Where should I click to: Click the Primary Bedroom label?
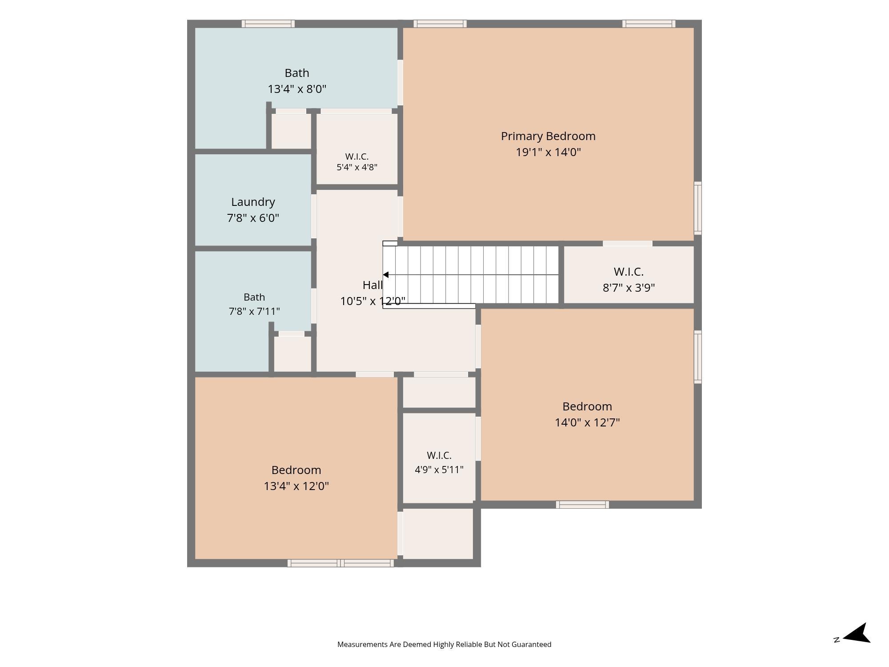548,136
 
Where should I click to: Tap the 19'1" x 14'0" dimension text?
548,152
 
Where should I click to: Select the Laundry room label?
253,202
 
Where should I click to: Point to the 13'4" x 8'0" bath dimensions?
297,89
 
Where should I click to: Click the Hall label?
372,285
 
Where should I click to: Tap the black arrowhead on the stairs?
386,275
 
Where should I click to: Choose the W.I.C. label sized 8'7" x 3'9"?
629,271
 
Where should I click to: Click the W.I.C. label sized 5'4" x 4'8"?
357,157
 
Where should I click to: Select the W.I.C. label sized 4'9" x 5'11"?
439,455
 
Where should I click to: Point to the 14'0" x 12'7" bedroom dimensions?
587,422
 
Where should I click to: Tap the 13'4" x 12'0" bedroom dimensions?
296,486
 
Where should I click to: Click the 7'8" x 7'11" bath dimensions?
254,311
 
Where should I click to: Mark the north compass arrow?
857,634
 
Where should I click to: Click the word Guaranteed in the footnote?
531,644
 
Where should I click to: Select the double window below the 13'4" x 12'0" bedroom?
340,563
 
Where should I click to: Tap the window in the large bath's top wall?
268,24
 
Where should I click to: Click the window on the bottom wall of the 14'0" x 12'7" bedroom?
582,505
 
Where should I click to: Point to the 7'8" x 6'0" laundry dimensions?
253,218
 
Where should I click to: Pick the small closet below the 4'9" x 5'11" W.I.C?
438,534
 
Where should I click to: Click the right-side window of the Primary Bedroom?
698,208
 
